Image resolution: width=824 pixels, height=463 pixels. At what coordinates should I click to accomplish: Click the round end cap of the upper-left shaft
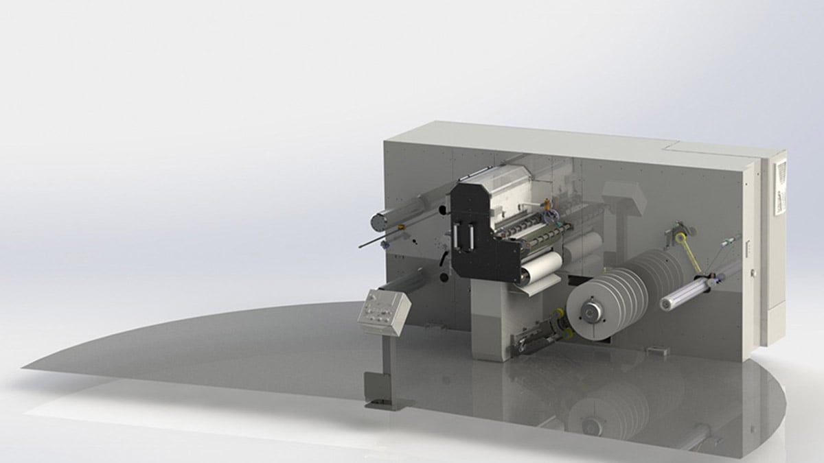379,220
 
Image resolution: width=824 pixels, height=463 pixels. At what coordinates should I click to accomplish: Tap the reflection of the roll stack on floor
604,412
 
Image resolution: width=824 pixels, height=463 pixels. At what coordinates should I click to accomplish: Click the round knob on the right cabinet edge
753,273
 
